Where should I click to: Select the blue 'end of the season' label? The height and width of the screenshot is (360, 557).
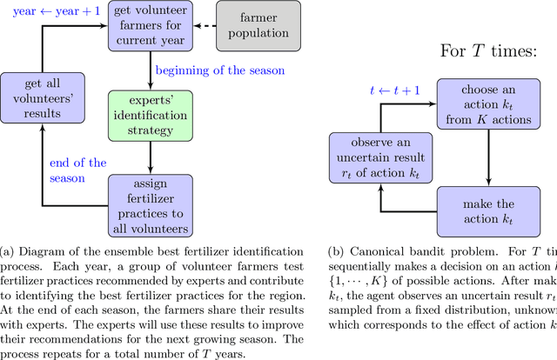click(78, 170)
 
